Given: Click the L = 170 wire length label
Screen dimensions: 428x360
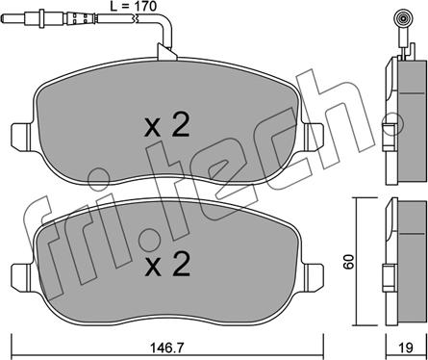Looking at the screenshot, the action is pyautogui.click(x=133, y=6).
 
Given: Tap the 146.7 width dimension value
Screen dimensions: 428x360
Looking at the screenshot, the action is pyautogui.click(x=166, y=347).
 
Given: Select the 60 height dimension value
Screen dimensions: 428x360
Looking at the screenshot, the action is pyautogui.click(x=349, y=262).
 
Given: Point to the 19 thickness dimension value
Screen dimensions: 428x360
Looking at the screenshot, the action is pyautogui.click(x=407, y=347).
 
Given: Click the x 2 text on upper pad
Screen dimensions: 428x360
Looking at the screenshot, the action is pyautogui.click(x=167, y=126).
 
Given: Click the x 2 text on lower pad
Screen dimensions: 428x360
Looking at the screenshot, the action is pyautogui.click(x=167, y=265).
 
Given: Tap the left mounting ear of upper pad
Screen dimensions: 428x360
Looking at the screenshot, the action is pyautogui.click(x=22, y=137).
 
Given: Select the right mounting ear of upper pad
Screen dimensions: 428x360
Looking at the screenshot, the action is pyautogui.click(x=313, y=137).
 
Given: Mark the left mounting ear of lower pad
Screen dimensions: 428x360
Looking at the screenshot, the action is pyautogui.click(x=22, y=278).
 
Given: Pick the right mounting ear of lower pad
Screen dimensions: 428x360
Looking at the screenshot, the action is pyautogui.click(x=314, y=278).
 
